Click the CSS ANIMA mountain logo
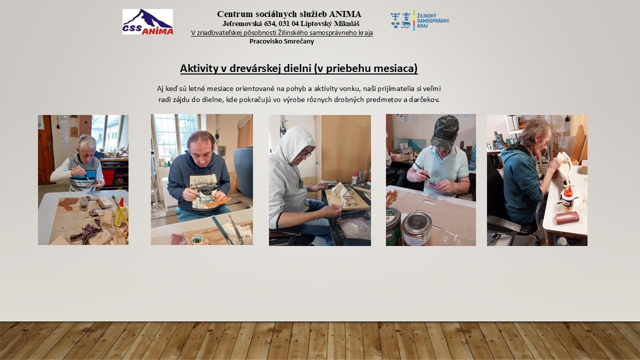click(x=147, y=21)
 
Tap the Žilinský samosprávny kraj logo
click(x=419, y=20)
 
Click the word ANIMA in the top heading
click(x=345, y=14)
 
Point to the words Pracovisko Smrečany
click(x=281, y=41)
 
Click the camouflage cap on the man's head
click(x=444, y=131)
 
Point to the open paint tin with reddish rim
click(x=417, y=228)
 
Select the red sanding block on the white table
click(x=567, y=217)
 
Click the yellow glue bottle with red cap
click(x=120, y=213)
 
